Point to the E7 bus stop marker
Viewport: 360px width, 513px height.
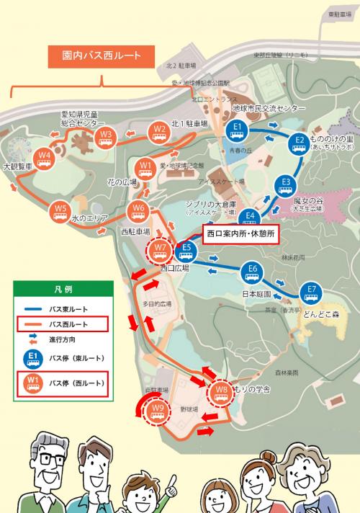311,293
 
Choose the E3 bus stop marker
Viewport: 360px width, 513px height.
286,184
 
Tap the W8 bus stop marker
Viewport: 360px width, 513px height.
221,393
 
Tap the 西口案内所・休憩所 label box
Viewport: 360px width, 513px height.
240,234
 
